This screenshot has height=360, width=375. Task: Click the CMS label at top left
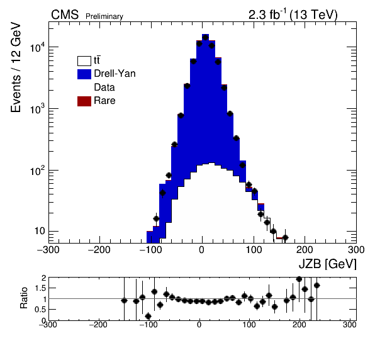pos(65,15)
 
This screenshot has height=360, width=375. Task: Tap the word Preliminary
pos(104,16)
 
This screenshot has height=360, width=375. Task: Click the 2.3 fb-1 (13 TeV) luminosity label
pos(293,15)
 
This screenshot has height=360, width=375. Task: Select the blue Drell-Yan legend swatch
pos(84,74)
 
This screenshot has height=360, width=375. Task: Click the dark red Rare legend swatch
pos(84,101)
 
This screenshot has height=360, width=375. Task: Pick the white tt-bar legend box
pos(84,61)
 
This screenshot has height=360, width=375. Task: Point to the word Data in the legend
pos(104,87)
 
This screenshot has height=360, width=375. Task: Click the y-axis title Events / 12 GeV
pos(16,67)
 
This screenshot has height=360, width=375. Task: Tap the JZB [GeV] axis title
pos(328,264)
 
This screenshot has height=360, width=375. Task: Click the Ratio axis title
pos(24,298)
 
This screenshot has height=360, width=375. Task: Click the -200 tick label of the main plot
pos(99,250)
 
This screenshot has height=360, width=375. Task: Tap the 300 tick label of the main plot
pos(356,250)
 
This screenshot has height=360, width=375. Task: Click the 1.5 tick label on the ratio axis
pos(40,288)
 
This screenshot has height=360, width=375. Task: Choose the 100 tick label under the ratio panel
pos(249,325)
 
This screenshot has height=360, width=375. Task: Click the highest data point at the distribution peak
pos(205,37)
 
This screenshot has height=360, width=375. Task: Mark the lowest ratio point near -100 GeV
pos(148,316)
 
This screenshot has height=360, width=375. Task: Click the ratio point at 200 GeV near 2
pos(299,279)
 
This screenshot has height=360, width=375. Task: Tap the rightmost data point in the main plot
pos(285,237)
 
